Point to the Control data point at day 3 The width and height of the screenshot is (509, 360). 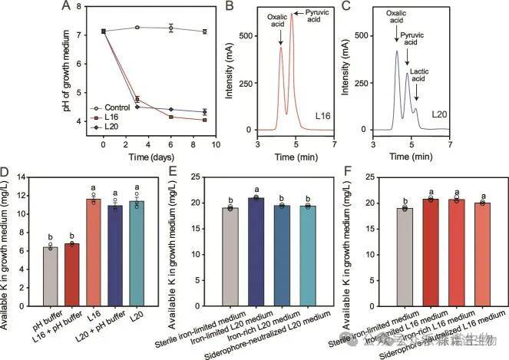point(137,28)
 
